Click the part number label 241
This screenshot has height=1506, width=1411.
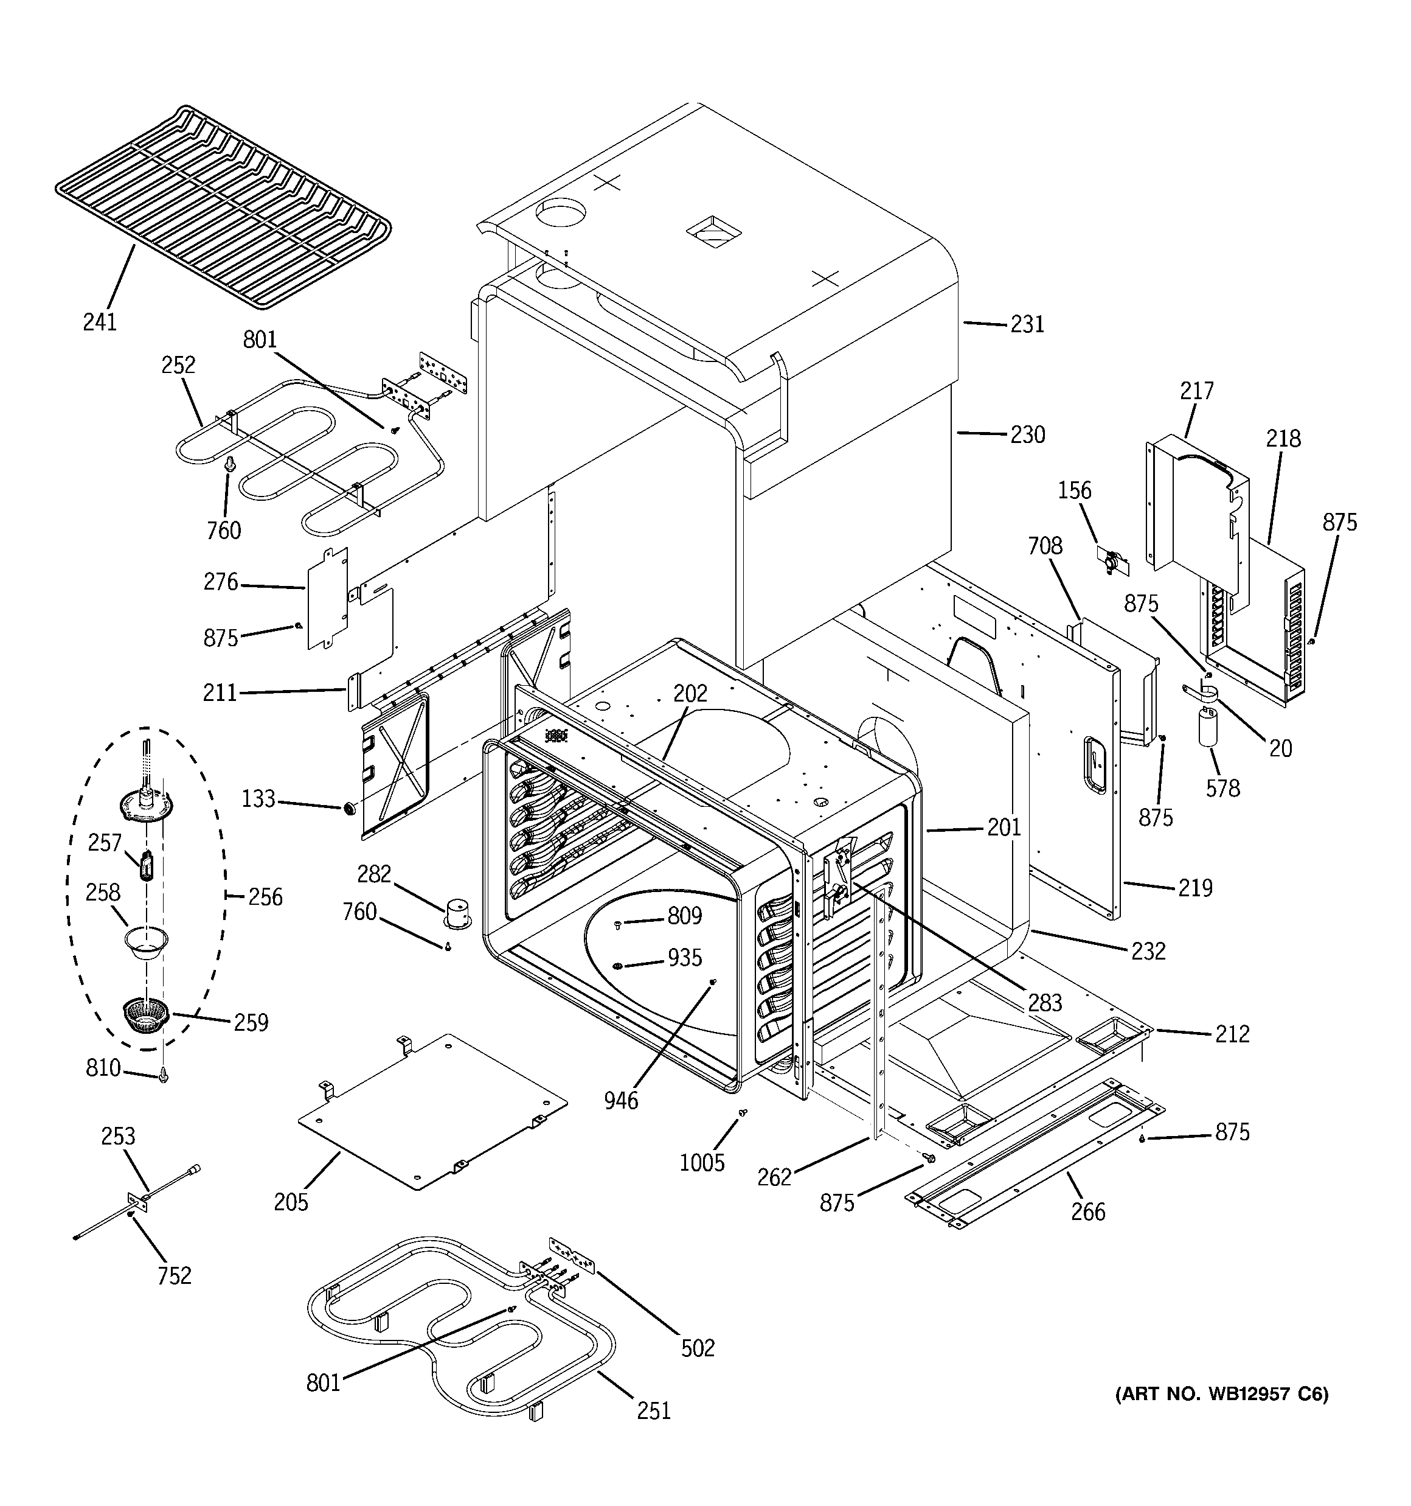pos(100,322)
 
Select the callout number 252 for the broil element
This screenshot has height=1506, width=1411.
pos(178,365)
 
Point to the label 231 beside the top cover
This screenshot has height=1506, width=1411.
pos(1027,324)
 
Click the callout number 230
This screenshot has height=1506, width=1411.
pos(1027,435)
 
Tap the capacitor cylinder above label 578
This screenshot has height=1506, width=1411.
pos(1207,726)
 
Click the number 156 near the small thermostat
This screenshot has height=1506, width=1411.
pos(1074,491)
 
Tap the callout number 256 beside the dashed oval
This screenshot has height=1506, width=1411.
pos(265,897)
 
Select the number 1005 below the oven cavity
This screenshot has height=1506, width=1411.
pos(701,1162)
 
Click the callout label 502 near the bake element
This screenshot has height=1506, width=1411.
pos(698,1348)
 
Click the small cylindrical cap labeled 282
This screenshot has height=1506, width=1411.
pos(457,913)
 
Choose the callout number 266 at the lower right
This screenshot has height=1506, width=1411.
pos(1087,1212)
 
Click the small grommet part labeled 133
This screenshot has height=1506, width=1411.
pos(350,808)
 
